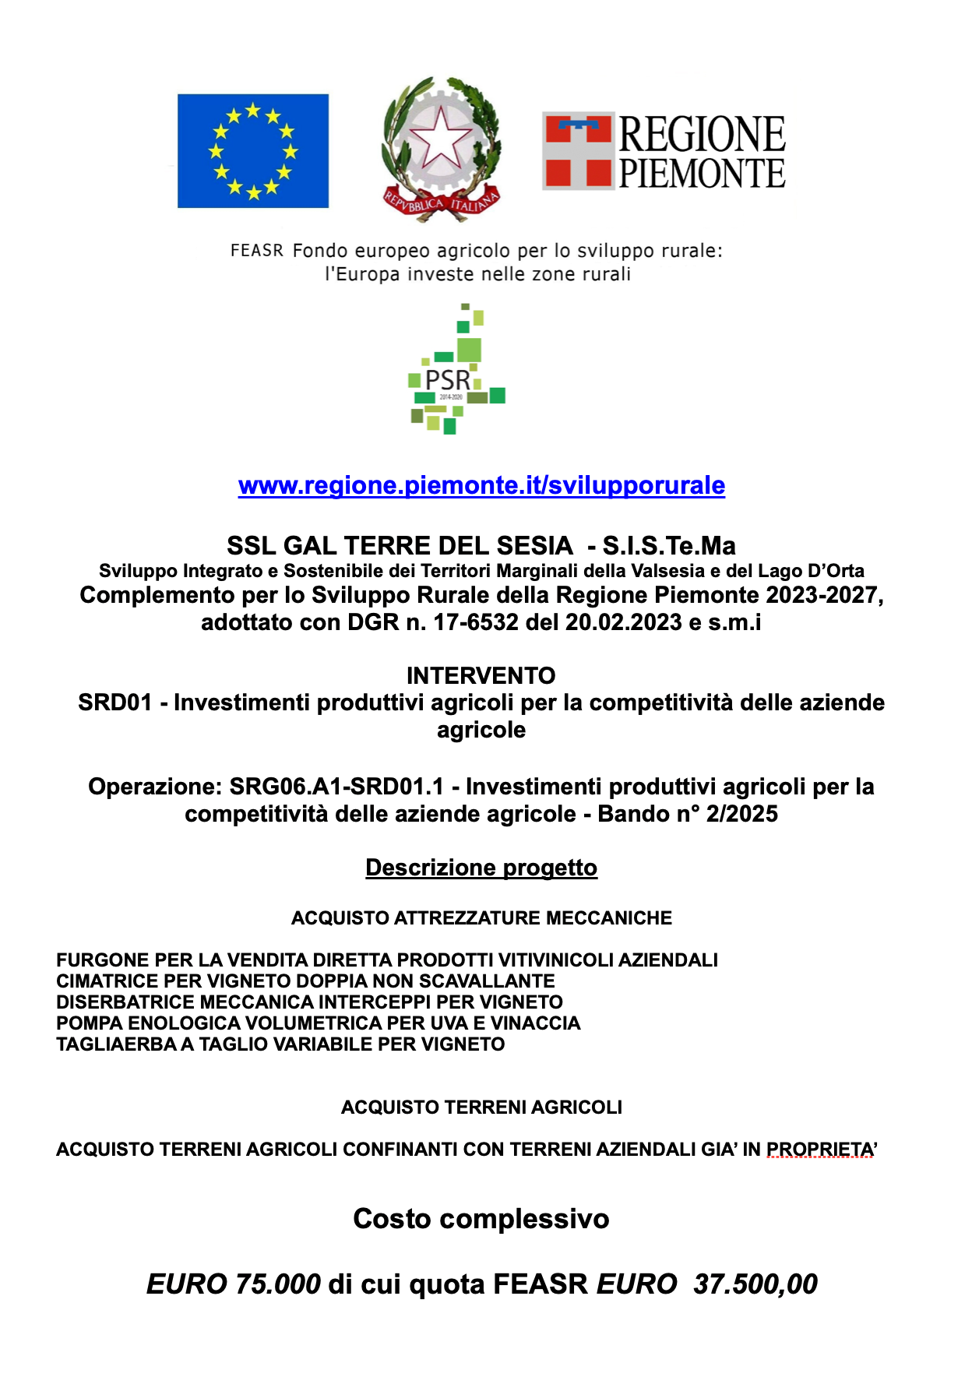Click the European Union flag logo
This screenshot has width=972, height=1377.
click(253, 151)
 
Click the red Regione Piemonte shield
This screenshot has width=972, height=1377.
click(578, 151)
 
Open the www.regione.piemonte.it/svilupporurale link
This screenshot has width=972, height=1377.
click(481, 485)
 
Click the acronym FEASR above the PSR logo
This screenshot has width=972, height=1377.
click(257, 251)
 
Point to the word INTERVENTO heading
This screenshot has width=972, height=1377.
click(481, 675)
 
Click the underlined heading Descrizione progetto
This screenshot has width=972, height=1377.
click(481, 868)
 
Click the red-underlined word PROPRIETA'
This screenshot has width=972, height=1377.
click(822, 1150)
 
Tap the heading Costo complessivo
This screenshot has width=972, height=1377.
click(481, 1219)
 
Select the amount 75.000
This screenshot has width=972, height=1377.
click(277, 1284)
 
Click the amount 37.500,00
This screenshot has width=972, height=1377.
click(755, 1284)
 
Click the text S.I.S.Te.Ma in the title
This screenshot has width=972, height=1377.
click(669, 545)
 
